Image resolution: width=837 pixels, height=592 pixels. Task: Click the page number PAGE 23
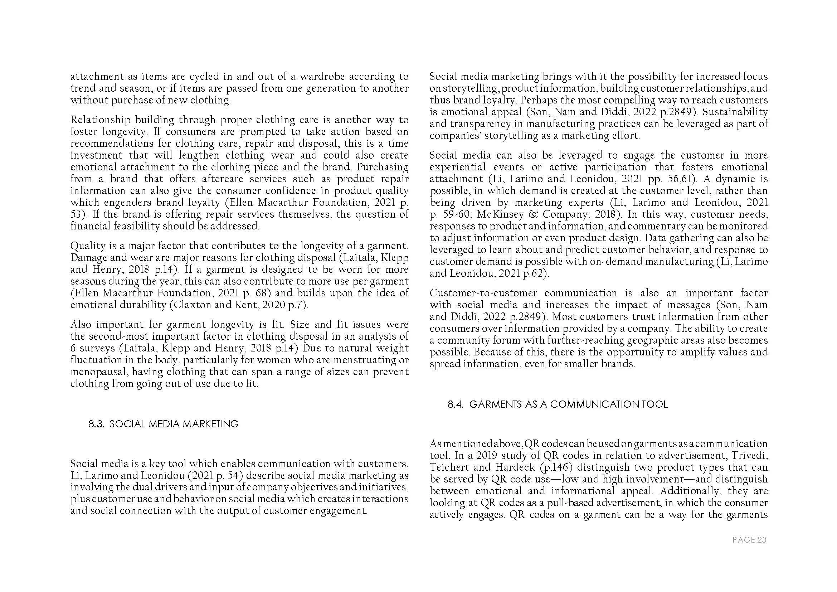coord(749,540)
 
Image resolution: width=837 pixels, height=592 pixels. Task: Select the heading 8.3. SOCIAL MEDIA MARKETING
coord(163,424)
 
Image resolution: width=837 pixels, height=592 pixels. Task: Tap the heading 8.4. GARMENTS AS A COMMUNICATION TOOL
coord(558,404)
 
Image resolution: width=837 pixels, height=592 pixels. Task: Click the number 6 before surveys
coord(73,348)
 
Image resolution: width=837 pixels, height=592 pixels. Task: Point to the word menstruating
coord(351,360)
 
